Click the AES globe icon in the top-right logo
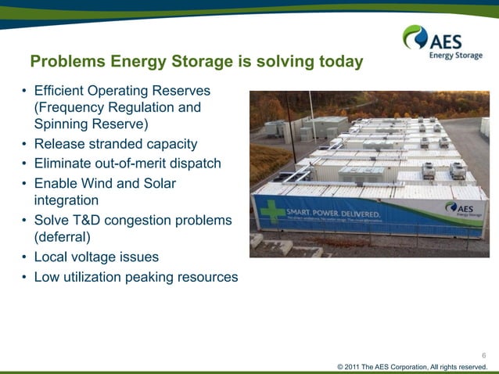[414, 37]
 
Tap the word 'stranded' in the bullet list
[117, 144]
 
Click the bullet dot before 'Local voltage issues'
[24, 257]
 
